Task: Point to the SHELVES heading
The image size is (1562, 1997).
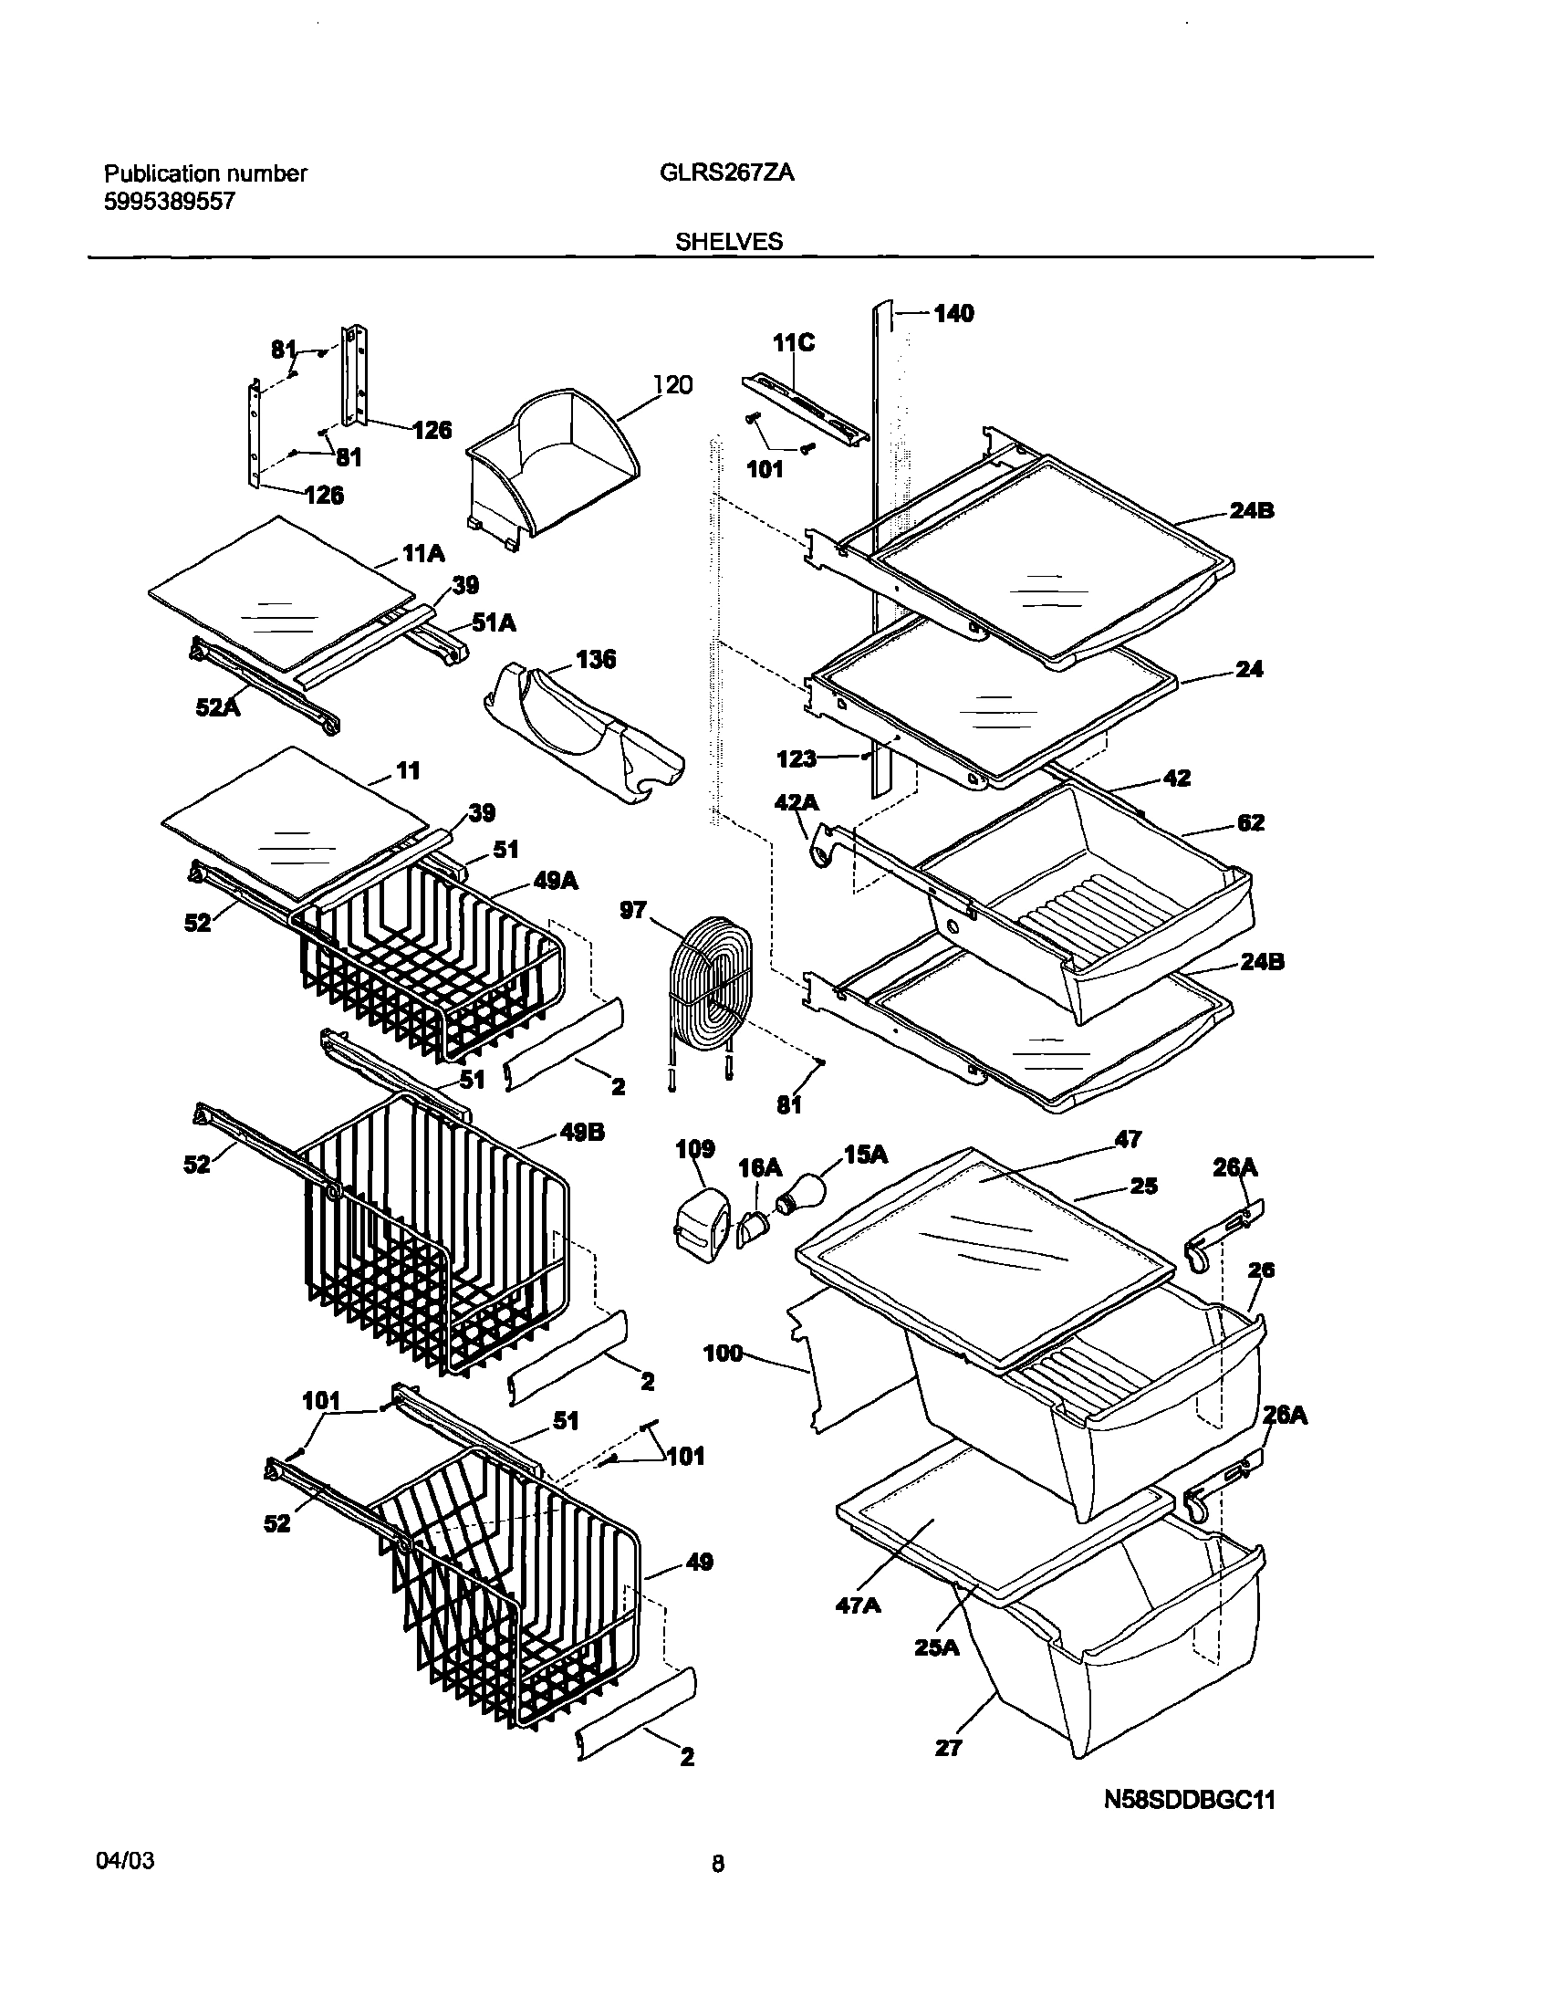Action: (x=729, y=242)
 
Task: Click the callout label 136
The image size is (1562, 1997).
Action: (x=596, y=659)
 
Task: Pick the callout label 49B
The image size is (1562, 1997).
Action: (x=582, y=1133)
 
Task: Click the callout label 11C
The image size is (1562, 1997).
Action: (x=793, y=343)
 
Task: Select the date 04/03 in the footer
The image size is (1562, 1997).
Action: (x=124, y=1861)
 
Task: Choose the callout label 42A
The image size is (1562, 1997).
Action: (x=797, y=803)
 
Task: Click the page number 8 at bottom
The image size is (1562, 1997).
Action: (x=718, y=1864)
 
